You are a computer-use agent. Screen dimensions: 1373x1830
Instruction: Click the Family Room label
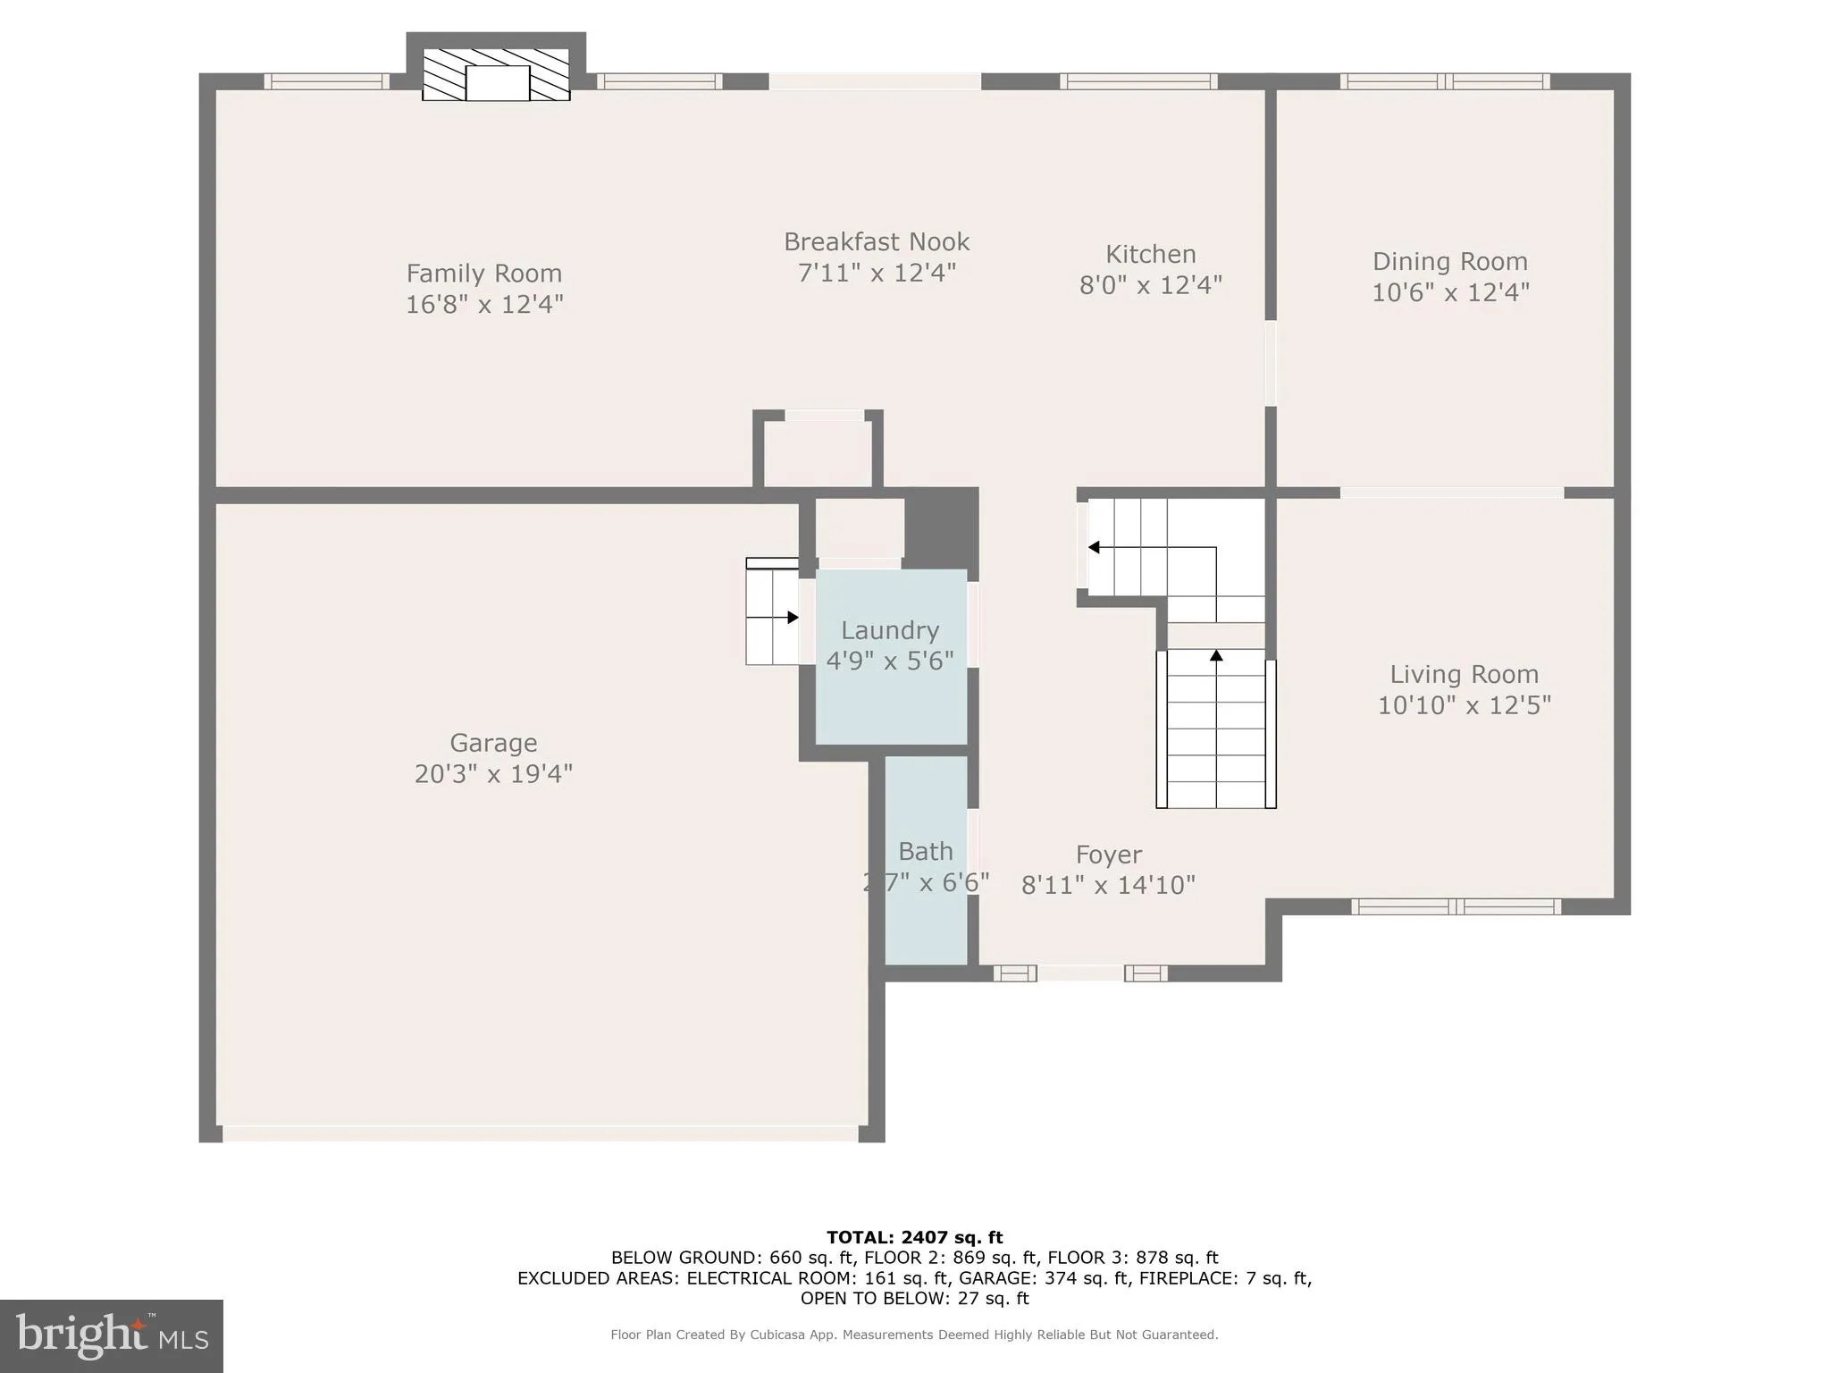[x=483, y=273]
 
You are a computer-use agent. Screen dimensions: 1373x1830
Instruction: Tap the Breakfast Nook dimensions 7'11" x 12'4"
[x=877, y=272]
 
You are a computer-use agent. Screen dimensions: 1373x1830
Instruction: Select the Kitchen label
[x=1150, y=254]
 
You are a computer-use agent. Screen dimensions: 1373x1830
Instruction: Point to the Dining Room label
[x=1449, y=261]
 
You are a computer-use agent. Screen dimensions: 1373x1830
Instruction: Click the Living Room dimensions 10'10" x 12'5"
[x=1464, y=705]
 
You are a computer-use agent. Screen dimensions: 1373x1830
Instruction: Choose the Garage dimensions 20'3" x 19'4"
[x=493, y=773]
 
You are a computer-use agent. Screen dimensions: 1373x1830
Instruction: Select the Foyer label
[x=1108, y=855]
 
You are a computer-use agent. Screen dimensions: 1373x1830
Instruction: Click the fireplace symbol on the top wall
[x=497, y=76]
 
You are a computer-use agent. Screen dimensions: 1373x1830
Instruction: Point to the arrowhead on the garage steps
[x=793, y=618]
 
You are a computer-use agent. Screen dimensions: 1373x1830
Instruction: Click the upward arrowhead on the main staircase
[x=1216, y=656]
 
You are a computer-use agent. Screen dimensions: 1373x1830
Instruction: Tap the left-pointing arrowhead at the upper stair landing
[x=1094, y=547]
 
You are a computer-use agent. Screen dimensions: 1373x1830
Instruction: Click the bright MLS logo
[x=112, y=1335]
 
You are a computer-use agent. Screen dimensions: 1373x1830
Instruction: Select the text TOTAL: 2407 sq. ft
[x=914, y=1237]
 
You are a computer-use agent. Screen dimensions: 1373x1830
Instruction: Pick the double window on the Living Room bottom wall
[x=1456, y=906]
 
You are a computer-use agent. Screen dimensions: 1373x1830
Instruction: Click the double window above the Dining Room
[x=1445, y=81]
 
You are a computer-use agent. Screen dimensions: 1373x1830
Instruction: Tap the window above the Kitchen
[x=1137, y=81]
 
